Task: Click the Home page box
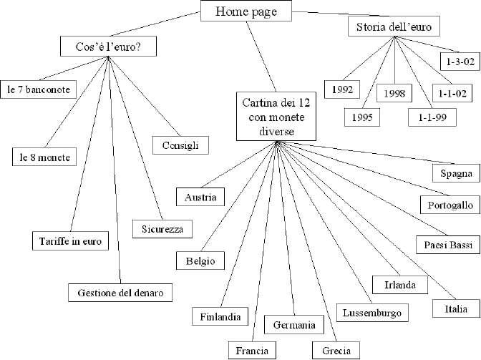coord(246,11)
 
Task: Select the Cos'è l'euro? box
coord(108,47)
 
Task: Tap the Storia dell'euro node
coord(394,26)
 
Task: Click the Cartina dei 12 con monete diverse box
coord(276,116)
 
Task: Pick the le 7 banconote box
coord(39,89)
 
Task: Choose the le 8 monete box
coord(44,157)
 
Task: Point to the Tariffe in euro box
coord(70,240)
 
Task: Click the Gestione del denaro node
coord(120,293)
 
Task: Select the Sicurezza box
coord(162,229)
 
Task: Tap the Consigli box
coord(180,145)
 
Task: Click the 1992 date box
coord(342,89)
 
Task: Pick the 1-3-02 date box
coord(460,62)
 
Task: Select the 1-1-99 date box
coord(432,117)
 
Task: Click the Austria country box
coord(200,197)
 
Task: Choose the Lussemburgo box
coord(372,313)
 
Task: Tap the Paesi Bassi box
coord(448,245)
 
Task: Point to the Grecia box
coord(336,350)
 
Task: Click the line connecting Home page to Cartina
coord(261,57)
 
